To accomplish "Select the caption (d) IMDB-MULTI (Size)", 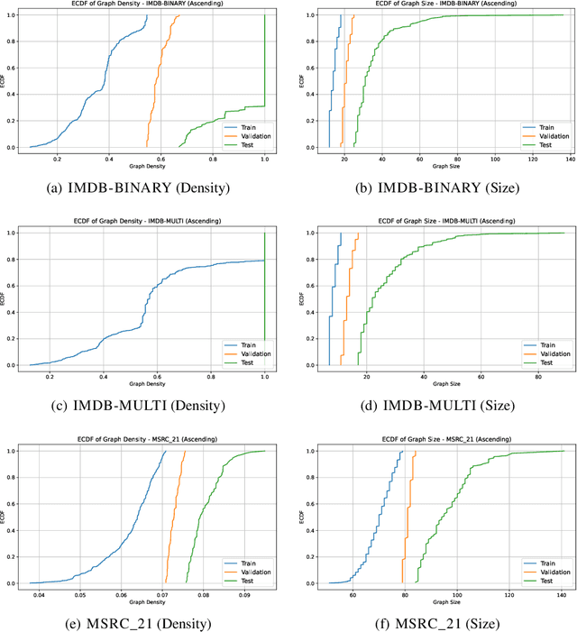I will point(434,406).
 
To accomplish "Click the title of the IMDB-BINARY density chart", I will point(149,5).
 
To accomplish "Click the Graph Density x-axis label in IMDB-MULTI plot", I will point(148,386).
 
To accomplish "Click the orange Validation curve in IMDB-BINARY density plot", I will point(160,72).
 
